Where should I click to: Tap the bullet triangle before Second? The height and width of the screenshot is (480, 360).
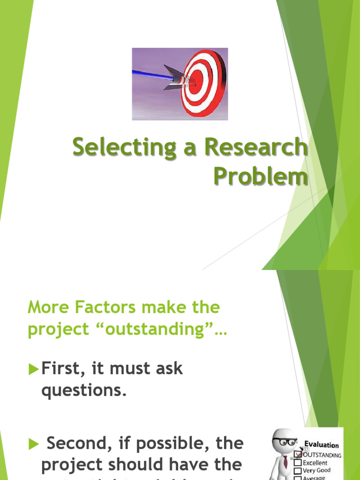pos(33,443)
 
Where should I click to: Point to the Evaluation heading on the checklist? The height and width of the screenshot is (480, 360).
pos(322,445)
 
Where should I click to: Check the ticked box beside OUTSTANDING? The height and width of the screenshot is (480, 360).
pos(297,454)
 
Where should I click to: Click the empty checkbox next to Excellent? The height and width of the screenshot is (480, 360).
pos(298,463)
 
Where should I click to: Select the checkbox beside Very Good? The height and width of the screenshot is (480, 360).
pos(298,470)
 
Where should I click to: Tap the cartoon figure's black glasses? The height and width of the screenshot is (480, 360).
pos(285,442)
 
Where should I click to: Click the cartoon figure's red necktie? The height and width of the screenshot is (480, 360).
pos(285,461)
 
